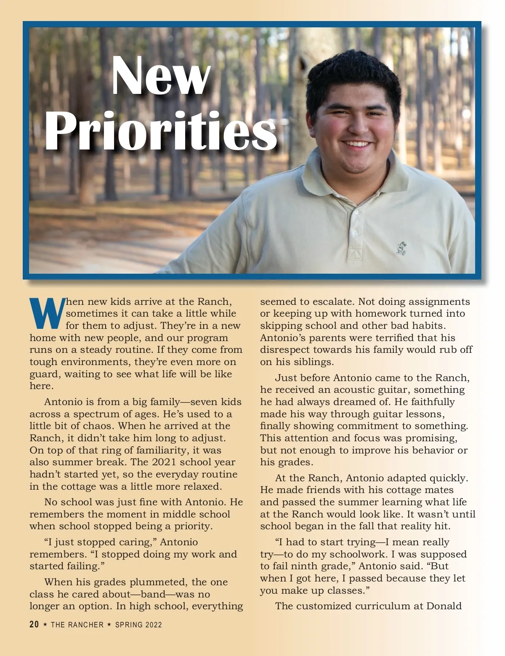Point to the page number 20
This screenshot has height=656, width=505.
tap(34, 624)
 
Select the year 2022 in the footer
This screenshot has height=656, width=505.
tap(153, 625)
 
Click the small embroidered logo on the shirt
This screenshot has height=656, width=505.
tap(400, 248)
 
